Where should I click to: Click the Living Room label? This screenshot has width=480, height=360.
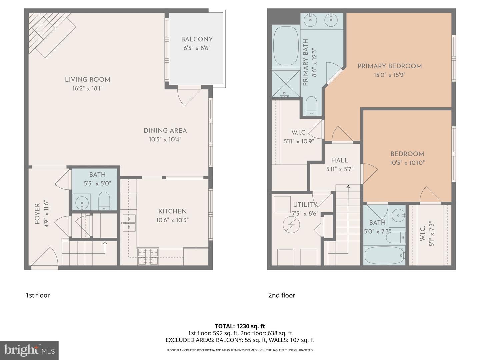tap(87, 80)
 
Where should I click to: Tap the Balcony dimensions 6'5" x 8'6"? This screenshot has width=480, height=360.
tap(197, 48)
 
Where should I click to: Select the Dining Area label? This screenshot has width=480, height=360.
tap(165, 131)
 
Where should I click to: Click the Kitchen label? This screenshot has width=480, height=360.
tap(172, 211)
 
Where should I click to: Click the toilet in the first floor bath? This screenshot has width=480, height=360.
tap(104, 201)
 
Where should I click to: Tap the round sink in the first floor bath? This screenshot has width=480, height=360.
tap(81, 202)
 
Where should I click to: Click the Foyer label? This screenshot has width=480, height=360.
tap(37, 214)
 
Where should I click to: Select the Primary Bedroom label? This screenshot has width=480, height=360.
tap(389, 66)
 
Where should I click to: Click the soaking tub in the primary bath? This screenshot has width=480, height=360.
tap(286, 46)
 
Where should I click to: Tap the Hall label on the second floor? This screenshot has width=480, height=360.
tap(340, 160)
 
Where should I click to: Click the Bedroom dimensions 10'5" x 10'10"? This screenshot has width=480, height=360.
tap(407, 163)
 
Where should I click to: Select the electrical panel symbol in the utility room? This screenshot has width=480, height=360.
tap(289, 226)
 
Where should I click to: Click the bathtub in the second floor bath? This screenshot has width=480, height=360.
tap(384, 255)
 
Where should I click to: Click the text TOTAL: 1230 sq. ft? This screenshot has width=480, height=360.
tap(240, 326)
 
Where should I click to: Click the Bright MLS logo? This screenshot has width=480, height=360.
tap(29, 350)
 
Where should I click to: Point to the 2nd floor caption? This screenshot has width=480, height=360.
tap(282, 295)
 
